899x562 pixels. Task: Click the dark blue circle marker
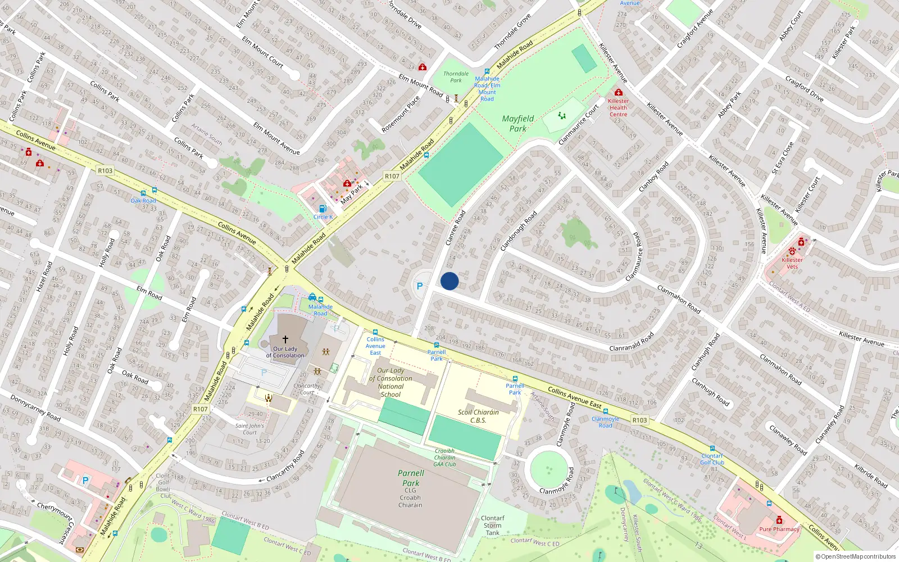pos(449,281)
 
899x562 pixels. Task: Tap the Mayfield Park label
pos(517,124)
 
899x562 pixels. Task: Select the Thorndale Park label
pos(456,77)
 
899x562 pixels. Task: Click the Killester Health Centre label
pos(618,107)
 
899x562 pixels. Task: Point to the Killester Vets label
pos(792,263)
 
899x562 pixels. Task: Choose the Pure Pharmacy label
pos(779,529)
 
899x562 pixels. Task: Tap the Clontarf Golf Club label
pos(712,459)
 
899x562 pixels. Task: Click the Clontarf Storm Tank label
pos(493,525)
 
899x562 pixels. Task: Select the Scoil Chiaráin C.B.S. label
pos(478,416)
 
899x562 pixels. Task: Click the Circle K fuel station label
pos(323,217)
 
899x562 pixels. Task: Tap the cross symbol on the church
pos(285,339)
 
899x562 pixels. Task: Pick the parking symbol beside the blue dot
pos(419,286)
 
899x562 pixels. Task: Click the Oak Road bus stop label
pos(143,201)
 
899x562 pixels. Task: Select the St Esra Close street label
pos(783,158)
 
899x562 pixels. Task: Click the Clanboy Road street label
pos(653,177)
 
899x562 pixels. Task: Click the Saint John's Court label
pos(249,429)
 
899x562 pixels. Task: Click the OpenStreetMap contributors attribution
pos(855,556)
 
